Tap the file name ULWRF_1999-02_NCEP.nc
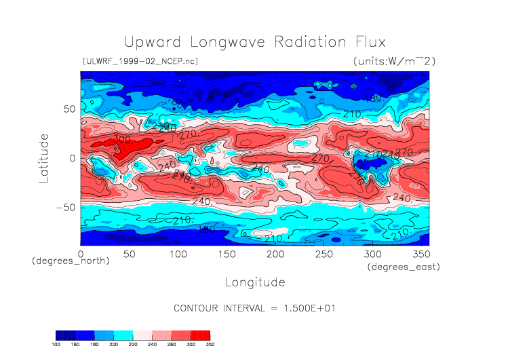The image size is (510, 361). pos(140,61)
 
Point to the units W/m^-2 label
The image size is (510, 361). pos(394,61)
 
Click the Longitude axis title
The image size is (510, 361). pos(254,282)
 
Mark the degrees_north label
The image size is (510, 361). pos(71,261)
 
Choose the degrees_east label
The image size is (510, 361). pos(404,267)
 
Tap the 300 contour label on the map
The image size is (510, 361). pos(122,140)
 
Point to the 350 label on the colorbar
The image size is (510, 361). pos(210,345)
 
